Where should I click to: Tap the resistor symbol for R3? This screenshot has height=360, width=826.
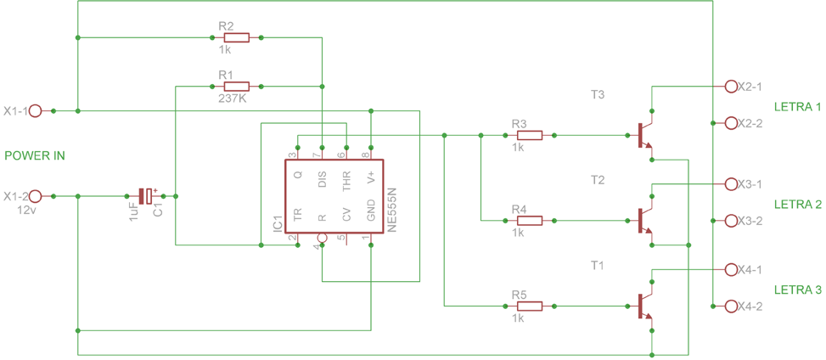[x=529, y=135]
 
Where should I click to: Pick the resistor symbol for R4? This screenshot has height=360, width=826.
[x=529, y=221]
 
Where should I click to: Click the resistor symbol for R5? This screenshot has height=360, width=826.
[x=529, y=306]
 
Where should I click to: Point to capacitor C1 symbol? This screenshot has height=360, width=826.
[x=148, y=196]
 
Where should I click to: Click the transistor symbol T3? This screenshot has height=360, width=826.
[x=644, y=136]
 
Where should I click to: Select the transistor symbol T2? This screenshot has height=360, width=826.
[x=644, y=221]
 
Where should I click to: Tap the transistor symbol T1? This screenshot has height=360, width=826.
[x=644, y=306]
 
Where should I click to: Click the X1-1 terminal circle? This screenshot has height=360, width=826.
[x=36, y=110]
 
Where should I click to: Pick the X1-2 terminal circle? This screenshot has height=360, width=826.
[x=36, y=196]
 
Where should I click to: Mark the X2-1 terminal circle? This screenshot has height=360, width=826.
[x=731, y=87]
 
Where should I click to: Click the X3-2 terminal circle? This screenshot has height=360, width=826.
[x=731, y=221]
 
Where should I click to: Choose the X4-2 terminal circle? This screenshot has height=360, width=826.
[x=731, y=306]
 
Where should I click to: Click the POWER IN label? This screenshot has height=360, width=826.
[x=35, y=156]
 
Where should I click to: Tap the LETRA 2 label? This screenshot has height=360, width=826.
[x=797, y=205]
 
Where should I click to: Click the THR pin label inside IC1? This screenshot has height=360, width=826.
[x=346, y=181]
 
